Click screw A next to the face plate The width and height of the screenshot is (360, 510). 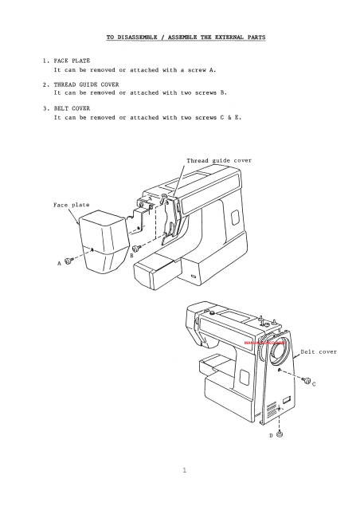point(69,260)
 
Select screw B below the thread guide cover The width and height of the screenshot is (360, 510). point(136,248)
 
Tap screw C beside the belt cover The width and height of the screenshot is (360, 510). point(306,378)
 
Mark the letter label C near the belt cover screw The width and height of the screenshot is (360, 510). point(315,384)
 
